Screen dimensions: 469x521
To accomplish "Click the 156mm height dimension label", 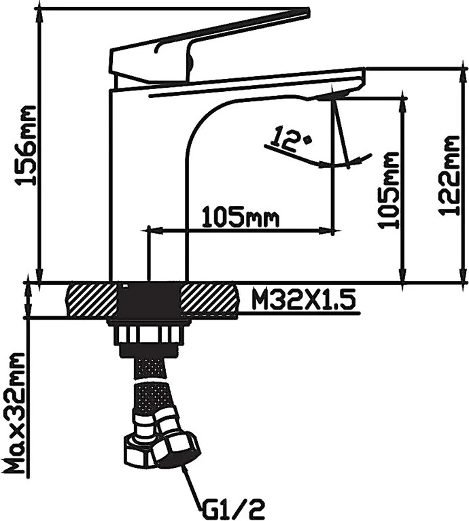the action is click(25, 146).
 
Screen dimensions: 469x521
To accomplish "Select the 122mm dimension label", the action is click(449, 175).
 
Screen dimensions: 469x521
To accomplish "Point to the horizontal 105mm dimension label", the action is click(240, 218).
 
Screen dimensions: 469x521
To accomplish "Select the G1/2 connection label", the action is click(232, 507).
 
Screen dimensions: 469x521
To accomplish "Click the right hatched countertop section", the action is click(210, 301).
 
